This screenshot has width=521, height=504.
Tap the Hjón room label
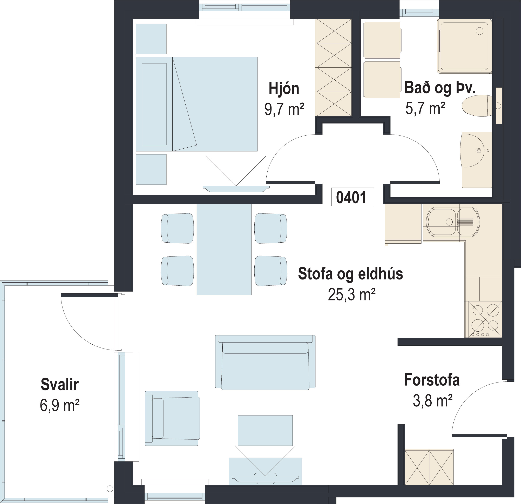click(x=284, y=89)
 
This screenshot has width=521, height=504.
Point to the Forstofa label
click(x=432, y=380)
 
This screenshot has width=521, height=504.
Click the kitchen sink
click(x=453, y=221)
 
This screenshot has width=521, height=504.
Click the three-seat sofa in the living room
click(x=265, y=362)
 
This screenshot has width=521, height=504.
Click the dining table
click(x=224, y=249)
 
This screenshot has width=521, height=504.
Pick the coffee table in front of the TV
click(x=265, y=430)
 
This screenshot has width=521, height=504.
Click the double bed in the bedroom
click(x=197, y=104)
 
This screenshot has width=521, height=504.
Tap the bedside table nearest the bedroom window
click(x=151, y=39)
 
